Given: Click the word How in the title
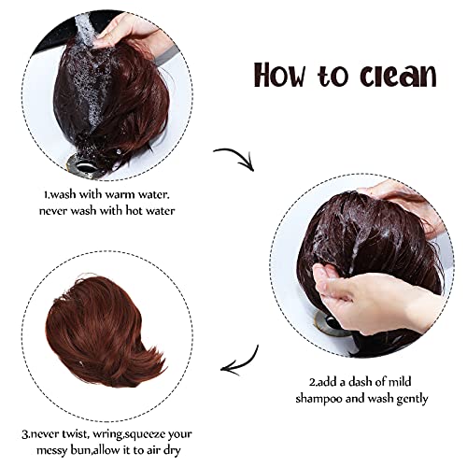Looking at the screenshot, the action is click(279, 75).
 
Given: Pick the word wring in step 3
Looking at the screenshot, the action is click(106, 434).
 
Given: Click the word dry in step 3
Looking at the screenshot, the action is click(171, 451).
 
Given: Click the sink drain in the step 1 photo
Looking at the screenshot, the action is click(84, 164).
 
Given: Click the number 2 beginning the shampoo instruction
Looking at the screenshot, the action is click(312, 382).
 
